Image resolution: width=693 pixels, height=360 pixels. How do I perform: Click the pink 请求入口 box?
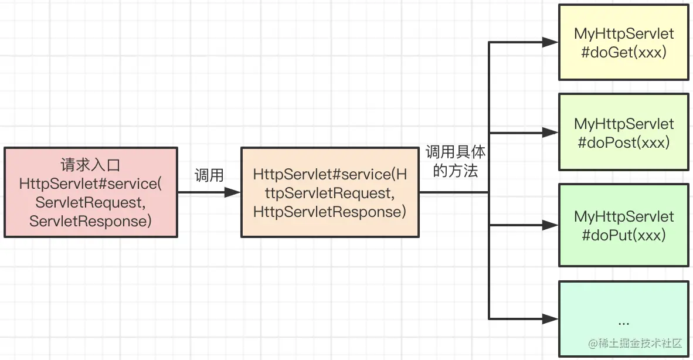coord(91,192)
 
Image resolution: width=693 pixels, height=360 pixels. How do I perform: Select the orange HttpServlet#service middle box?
coord(329,192)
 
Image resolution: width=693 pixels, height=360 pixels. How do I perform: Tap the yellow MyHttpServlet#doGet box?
coord(623,42)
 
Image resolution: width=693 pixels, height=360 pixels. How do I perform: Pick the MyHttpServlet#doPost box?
coord(623,133)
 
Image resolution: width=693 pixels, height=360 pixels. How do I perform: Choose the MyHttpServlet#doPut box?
coord(623,225)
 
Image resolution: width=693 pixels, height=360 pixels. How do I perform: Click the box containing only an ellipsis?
coord(623,319)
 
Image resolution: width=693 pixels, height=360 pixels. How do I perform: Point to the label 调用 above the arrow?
coord(209,175)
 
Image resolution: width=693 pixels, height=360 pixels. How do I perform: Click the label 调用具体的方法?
coord(455,162)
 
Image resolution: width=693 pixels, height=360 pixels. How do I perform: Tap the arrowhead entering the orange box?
coord(234,192)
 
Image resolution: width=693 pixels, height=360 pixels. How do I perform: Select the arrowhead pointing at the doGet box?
coord(551,42)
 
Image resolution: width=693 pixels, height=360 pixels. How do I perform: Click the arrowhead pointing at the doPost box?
coord(551,133)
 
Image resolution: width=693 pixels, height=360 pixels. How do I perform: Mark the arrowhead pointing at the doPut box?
coord(551,225)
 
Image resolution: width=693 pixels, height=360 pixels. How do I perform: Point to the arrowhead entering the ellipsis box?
coord(551,319)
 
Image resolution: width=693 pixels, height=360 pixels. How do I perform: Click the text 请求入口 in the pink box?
coord(90,165)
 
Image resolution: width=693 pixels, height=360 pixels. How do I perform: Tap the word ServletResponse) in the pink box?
coord(90,221)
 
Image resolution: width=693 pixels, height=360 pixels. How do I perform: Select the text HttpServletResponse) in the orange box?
coord(329,212)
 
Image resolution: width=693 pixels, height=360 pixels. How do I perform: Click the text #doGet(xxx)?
coord(623,52)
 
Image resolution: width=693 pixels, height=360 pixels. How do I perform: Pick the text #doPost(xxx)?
coord(623,142)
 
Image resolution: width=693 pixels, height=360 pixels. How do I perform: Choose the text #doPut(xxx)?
coord(623,235)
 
